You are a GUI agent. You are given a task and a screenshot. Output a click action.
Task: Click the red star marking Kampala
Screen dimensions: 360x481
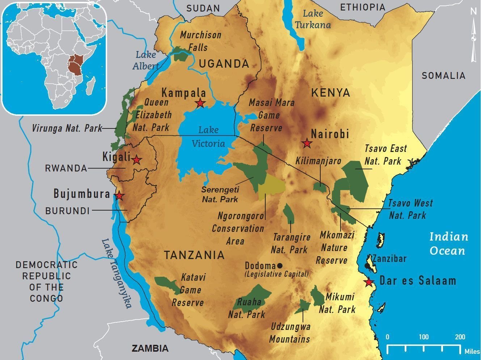[200, 103]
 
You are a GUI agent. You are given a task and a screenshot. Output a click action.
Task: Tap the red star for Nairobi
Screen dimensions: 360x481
[307, 143]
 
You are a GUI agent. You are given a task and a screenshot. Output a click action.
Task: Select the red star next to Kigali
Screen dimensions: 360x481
[136, 160]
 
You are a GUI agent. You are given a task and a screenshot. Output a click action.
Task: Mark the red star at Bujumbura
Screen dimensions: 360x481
[119, 196]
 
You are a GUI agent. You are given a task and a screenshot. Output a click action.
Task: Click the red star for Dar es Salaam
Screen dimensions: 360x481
[369, 282]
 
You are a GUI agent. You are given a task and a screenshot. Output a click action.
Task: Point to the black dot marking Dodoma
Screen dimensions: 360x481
[279, 265]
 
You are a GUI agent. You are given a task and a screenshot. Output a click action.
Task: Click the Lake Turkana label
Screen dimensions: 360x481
[313, 19]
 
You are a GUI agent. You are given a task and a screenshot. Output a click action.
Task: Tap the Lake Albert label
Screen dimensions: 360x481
[146, 60]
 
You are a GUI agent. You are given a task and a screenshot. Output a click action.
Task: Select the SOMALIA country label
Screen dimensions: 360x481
[443, 76]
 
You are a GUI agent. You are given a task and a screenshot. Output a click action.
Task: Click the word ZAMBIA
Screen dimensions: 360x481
[150, 348]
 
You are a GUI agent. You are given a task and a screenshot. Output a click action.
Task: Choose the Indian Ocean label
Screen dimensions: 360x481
[448, 243]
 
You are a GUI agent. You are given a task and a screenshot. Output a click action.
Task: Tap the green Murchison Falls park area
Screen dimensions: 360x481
[182, 54]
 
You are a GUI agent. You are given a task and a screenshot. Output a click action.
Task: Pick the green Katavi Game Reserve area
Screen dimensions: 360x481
[166, 284]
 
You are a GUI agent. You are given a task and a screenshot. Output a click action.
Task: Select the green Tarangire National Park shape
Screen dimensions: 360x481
[288, 213]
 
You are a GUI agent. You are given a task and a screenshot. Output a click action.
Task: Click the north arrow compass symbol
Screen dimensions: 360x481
[473, 36]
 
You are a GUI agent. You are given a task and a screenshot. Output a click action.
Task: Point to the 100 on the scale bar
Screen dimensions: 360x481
[423, 337]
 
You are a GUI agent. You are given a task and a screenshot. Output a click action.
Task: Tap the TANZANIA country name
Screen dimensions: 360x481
[194, 255]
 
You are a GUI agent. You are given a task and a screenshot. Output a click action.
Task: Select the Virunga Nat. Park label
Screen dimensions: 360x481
[67, 128]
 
